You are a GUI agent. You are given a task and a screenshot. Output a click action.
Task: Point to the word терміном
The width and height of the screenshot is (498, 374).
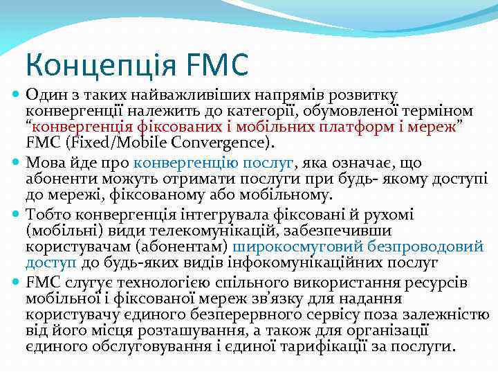[x=439, y=111]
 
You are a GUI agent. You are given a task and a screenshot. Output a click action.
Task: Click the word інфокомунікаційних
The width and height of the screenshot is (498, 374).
[x=324, y=264]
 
